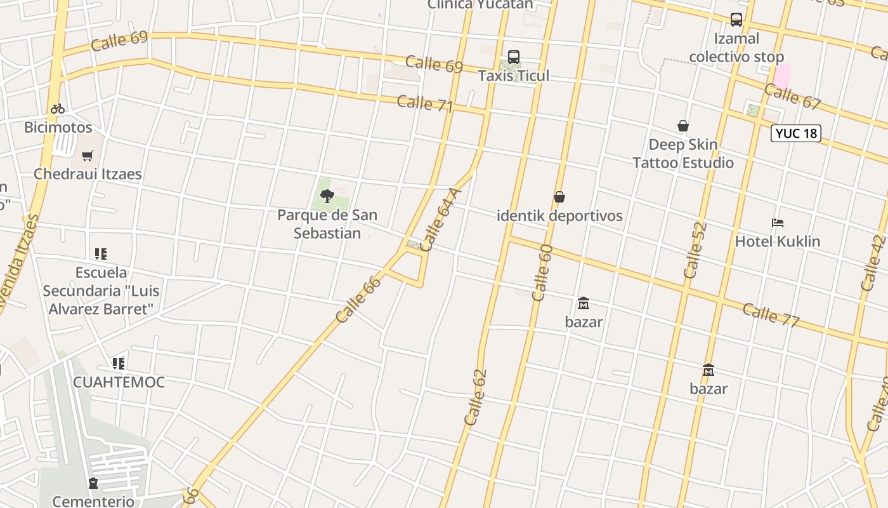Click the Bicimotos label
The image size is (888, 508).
click(x=58, y=128)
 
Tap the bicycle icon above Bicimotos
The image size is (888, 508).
click(x=58, y=109)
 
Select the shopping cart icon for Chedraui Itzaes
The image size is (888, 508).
click(x=88, y=156)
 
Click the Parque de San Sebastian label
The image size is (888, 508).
click(x=327, y=224)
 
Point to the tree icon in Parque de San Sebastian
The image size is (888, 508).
click(x=327, y=196)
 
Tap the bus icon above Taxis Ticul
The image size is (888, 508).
click(x=514, y=57)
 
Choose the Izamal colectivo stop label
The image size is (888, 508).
click(x=736, y=48)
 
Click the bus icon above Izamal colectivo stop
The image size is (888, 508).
click(x=736, y=20)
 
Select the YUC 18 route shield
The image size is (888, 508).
click(x=796, y=133)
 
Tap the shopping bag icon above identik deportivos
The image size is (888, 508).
click(x=559, y=197)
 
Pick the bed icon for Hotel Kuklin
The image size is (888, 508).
click(x=778, y=223)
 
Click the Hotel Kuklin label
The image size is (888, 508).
click(x=778, y=241)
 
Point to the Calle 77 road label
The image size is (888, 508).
click(x=770, y=315)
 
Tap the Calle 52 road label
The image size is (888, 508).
click(x=695, y=250)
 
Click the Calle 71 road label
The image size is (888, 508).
click(x=425, y=104)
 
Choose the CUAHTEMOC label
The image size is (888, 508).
click(x=119, y=382)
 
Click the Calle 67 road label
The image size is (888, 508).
click(x=792, y=96)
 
